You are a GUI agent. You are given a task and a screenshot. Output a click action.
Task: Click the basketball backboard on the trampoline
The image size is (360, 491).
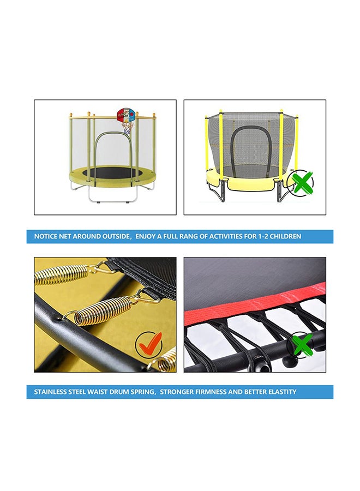click(126, 115)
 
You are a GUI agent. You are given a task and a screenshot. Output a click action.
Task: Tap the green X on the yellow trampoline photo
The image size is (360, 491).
click(302, 181)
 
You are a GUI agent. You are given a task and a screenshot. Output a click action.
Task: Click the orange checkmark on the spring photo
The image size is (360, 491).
click(150, 344)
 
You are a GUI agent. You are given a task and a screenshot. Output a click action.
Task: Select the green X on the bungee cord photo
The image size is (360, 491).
click(301, 344)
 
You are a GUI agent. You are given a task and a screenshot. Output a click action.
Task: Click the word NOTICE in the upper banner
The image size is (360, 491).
click(46, 236)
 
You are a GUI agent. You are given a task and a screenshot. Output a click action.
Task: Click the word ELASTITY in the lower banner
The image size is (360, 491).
click(282, 392)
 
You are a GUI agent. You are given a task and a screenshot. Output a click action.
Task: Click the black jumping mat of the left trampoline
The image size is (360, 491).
click(112, 173)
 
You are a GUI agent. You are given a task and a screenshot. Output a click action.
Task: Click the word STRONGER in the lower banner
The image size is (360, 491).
click(176, 392)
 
